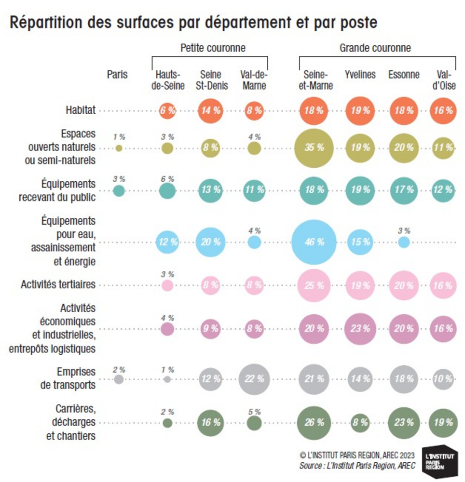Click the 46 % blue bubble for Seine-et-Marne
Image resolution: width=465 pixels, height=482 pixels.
(x=314, y=242)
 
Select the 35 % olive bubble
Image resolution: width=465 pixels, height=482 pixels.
(x=314, y=148)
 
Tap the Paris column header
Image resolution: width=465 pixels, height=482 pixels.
(x=118, y=75)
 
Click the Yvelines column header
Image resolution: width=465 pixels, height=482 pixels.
(x=360, y=75)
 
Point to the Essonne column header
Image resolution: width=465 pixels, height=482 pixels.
(x=404, y=75)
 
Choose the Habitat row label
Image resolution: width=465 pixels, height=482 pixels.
(x=81, y=110)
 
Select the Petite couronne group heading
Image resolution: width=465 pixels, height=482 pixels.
(x=213, y=48)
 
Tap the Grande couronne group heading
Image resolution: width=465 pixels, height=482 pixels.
(x=375, y=48)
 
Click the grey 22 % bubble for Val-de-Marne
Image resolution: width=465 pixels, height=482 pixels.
(x=254, y=379)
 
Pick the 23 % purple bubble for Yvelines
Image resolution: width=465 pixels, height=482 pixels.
(x=360, y=329)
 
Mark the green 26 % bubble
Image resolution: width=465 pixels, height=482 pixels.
(x=314, y=423)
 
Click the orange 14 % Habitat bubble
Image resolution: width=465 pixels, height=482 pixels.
(x=210, y=110)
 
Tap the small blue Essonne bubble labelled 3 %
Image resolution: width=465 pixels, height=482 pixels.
(x=404, y=242)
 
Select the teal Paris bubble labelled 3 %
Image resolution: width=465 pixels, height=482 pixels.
(x=119, y=191)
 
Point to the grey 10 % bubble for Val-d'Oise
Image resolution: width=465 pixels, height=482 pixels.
(x=443, y=379)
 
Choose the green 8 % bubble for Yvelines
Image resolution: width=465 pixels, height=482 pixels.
(x=360, y=423)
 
